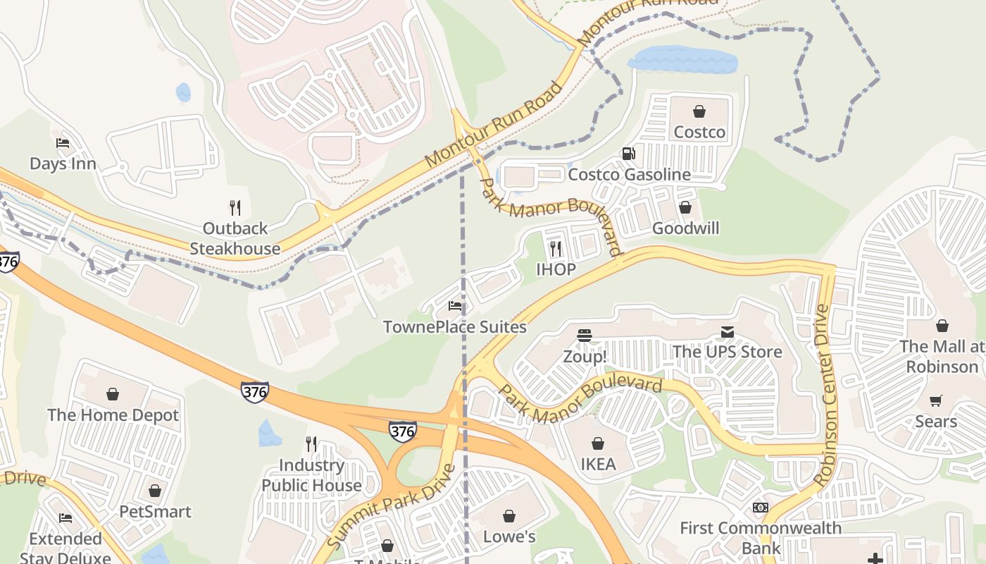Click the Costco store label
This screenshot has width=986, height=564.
point(699,132)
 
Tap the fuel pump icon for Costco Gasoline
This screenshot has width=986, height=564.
point(628,153)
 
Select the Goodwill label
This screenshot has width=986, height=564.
point(685,228)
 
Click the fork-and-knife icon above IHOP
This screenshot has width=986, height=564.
point(556,248)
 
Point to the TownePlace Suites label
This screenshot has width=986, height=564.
point(454,327)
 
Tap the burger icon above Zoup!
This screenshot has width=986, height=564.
point(584,336)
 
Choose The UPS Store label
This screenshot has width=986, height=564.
point(727,351)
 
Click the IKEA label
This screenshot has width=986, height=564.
point(598,464)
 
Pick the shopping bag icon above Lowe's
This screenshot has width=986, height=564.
point(509,517)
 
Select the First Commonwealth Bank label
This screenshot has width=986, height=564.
point(760,538)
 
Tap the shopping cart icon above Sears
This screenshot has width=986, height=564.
point(936,400)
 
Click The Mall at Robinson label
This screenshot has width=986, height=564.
point(942,356)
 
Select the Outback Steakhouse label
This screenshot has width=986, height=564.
point(235,238)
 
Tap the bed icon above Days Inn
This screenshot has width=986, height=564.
point(63,143)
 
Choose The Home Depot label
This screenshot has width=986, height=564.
point(113,415)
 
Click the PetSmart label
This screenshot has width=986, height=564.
point(155,511)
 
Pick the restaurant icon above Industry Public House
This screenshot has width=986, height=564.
point(311,443)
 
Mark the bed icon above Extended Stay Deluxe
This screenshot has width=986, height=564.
point(65,518)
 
